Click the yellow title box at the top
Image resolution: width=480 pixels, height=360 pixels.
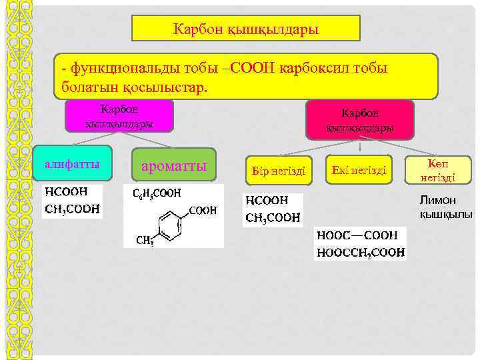tap(246, 29)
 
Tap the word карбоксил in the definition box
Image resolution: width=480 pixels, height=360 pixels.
tap(313, 69)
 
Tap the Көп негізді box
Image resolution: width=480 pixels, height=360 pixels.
tap(437, 171)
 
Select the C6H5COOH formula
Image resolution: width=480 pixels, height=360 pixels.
tap(157, 193)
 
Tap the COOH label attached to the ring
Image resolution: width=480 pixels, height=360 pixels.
tap(203, 210)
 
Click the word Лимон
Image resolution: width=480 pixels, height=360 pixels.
tap(437, 199)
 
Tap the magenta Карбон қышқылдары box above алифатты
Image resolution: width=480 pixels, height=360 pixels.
tap(120, 115)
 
